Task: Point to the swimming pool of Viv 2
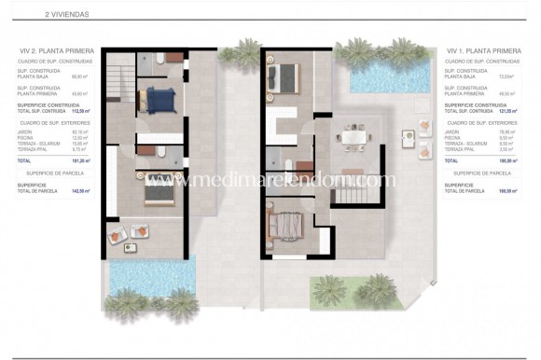click(x=150, y=273)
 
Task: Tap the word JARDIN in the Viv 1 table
click(x=455, y=132)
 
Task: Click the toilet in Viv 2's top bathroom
click(x=160, y=59)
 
